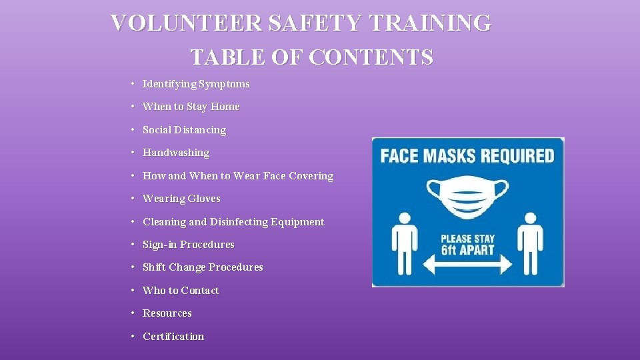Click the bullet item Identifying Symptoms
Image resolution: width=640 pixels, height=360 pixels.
click(196, 84)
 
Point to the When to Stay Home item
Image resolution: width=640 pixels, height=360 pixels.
click(191, 107)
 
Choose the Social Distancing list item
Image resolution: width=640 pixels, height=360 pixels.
click(184, 130)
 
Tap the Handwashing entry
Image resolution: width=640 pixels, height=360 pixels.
click(176, 153)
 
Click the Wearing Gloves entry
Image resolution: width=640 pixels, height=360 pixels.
click(181, 199)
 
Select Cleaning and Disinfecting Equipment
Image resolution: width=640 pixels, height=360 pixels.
click(233, 222)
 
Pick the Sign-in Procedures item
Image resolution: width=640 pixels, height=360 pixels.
click(189, 245)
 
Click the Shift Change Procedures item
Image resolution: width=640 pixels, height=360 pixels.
click(203, 267)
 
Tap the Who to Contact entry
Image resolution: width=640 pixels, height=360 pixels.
click(181, 291)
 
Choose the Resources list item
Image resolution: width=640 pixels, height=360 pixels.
click(167, 313)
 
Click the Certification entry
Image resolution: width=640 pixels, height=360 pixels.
click(173, 337)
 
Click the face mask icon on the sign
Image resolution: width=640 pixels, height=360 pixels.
click(467, 197)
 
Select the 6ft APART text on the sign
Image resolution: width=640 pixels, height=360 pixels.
click(468, 251)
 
